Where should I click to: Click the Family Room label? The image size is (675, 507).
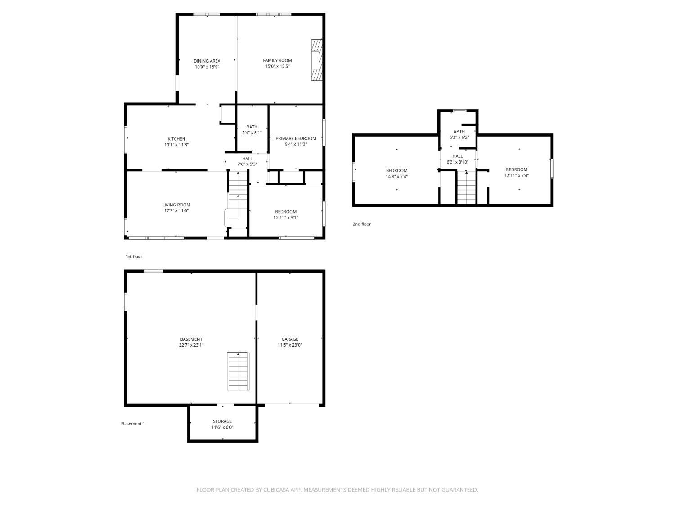[x=277, y=60]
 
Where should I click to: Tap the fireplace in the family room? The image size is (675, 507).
[x=317, y=60]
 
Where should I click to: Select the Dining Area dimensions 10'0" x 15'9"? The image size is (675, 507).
[x=207, y=67]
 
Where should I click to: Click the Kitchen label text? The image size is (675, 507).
[x=176, y=139]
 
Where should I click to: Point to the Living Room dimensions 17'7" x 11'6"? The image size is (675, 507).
[x=176, y=210]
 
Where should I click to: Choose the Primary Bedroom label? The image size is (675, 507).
[x=296, y=138]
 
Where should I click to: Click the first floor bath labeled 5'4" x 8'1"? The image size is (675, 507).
[x=252, y=130]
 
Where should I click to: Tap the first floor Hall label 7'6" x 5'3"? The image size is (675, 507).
[x=247, y=161]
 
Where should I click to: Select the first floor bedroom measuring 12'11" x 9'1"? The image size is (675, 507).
[x=286, y=215]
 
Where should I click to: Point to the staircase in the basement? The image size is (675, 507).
[x=238, y=371]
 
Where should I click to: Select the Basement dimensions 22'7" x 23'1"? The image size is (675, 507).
[x=191, y=345]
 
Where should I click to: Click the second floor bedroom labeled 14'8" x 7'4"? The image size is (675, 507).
[x=396, y=174]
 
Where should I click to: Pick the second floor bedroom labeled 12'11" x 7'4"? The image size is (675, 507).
[x=516, y=173]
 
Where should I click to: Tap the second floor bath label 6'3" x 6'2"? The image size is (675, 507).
[x=459, y=134]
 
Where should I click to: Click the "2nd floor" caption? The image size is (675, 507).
[x=361, y=224]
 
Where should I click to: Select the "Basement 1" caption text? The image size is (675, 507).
[x=133, y=424]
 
